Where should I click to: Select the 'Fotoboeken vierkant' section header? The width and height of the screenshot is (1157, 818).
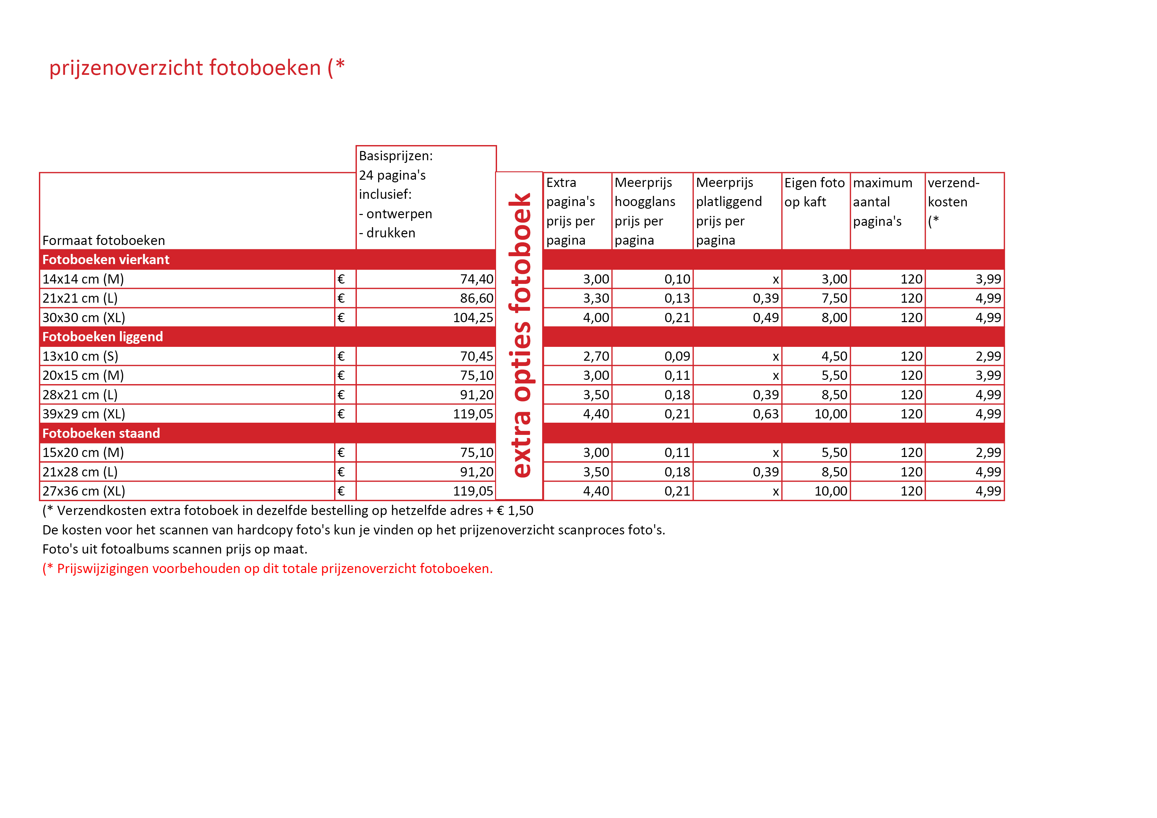click(x=106, y=259)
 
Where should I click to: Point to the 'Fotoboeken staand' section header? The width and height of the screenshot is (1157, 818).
click(x=101, y=433)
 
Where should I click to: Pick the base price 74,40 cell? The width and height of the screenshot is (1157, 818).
click(x=476, y=279)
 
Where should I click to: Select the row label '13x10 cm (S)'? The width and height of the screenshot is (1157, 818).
click(x=80, y=356)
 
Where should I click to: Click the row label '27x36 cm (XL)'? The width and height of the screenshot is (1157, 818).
click(x=84, y=491)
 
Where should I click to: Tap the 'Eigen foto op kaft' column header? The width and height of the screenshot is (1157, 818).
click(x=814, y=192)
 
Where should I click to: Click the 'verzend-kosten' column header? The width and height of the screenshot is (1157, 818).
click(x=954, y=192)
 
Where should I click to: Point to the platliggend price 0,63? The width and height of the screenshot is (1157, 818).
click(x=766, y=414)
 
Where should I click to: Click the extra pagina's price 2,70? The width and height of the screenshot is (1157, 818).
click(x=596, y=356)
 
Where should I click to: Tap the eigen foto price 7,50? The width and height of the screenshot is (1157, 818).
click(x=834, y=298)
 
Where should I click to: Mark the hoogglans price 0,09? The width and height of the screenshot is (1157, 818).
click(x=677, y=356)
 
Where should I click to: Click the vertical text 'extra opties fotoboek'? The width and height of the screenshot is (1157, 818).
click(x=519, y=335)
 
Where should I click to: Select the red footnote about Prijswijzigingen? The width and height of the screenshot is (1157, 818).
click(x=267, y=569)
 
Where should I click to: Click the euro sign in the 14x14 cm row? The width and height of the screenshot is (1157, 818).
click(x=341, y=279)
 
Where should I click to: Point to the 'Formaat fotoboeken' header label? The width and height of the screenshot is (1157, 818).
click(x=103, y=240)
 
